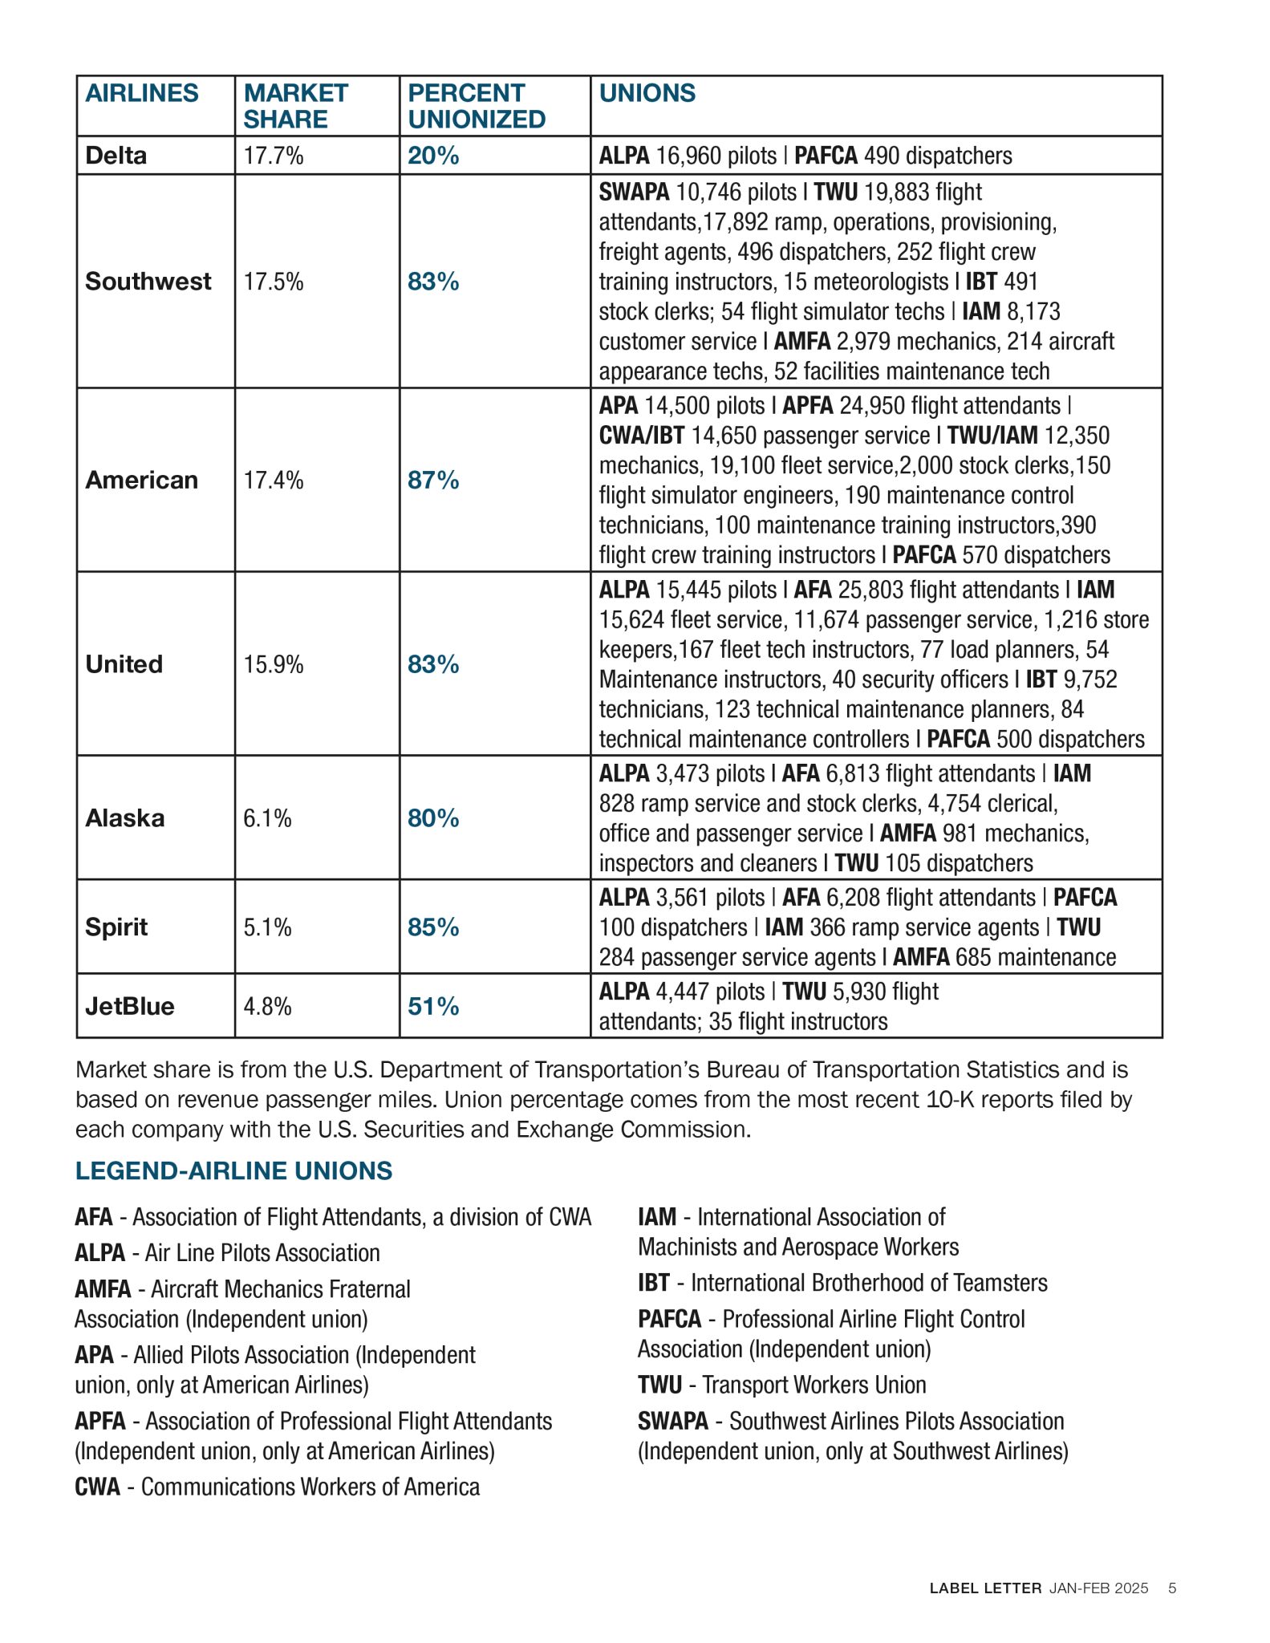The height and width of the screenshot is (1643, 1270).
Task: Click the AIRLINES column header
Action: [142, 93]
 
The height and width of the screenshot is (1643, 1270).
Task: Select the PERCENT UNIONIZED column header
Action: [477, 106]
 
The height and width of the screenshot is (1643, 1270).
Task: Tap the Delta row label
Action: [116, 155]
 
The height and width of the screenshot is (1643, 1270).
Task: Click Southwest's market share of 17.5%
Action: [274, 282]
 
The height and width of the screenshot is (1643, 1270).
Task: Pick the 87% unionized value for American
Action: [433, 480]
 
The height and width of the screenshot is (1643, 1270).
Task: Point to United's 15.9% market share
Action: [274, 664]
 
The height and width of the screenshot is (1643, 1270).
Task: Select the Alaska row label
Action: [125, 817]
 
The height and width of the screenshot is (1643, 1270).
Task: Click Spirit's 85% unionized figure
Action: [433, 927]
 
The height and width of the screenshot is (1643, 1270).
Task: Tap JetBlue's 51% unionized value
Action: [433, 1006]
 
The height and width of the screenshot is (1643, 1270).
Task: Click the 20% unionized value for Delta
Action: [433, 155]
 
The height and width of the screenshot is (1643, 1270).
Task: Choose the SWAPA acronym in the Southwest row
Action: [634, 193]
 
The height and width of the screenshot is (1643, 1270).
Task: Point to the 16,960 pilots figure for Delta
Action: [716, 156]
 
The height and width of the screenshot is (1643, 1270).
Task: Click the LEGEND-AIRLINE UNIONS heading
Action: [233, 1170]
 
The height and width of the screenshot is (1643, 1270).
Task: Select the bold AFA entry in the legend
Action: [94, 1217]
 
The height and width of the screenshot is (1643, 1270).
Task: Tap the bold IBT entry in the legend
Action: [654, 1283]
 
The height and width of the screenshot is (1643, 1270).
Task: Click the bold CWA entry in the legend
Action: [97, 1487]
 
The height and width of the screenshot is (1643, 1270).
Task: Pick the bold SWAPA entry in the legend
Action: [673, 1421]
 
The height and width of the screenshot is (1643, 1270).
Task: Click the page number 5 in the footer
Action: [1172, 1588]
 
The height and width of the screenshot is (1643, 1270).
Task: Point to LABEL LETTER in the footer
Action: [985, 1588]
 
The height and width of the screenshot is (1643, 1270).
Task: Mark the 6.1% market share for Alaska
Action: [267, 818]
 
